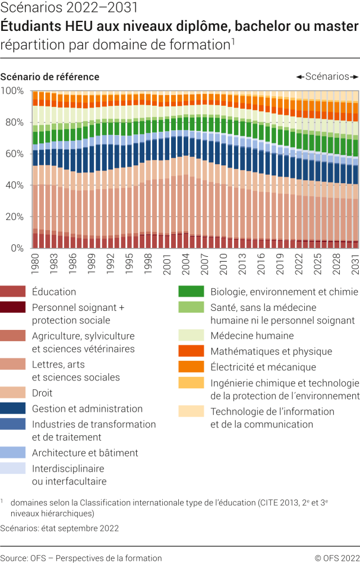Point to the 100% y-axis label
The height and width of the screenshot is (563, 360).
(12, 91)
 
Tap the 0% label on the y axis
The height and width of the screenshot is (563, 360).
(16, 249)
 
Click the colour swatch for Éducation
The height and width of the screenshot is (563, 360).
(13, 292)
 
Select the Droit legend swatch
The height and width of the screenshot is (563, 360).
(13, 393)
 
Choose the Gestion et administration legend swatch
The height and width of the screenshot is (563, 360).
(13, 408)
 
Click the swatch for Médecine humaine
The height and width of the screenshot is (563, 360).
(191, 336)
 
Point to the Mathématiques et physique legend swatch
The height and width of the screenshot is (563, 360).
(191, 351)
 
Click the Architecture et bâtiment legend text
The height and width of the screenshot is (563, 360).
(85, 452)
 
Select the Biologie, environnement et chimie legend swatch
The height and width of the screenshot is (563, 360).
(191, 292)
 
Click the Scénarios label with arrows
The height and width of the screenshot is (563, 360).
(327, 77)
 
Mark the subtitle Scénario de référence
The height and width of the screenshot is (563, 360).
(50, 77)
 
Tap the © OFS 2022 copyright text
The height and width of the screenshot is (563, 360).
(337, 558)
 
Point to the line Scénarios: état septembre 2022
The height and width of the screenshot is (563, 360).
(59, 528)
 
